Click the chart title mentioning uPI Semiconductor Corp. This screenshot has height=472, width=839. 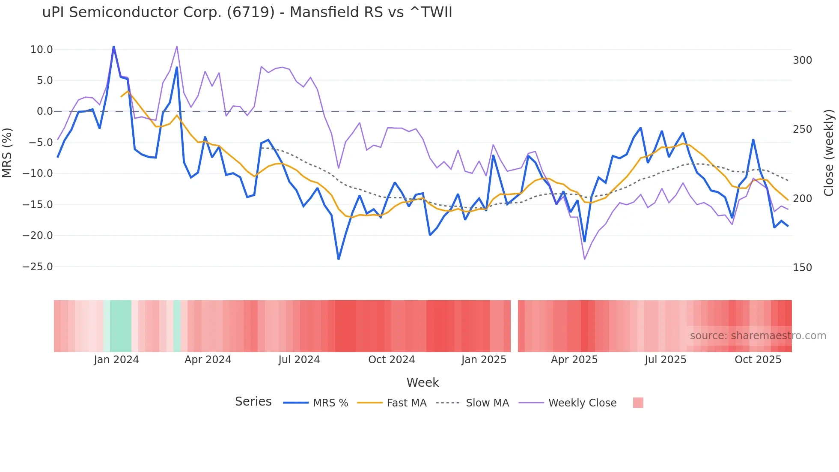click(x=247, y=12)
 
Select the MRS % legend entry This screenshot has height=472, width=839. click(x=330, y=403)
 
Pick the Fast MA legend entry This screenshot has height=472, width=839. click(x=406, y=403)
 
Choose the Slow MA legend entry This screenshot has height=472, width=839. click(x=487, y=403)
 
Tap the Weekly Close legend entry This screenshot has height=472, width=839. click(x=582, y=403)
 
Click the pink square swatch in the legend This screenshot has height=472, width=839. click(x=638, y=403)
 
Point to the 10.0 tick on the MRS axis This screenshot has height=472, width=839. click(x=42, y=50)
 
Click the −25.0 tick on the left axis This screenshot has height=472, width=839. click(x=38, y=267)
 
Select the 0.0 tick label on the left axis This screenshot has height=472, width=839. click(x=45, y=111)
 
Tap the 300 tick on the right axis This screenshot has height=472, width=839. click(x=802, y=60)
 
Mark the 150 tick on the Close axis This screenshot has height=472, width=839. click(x=802, y=268)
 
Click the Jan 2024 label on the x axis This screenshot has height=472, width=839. click(x=116, y=360)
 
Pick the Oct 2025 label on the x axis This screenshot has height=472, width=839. click(x=758, y=360)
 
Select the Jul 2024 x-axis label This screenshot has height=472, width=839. click(x=299, y=360)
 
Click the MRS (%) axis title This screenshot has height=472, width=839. click(x=7, y=153)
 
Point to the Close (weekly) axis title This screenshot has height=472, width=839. click(x=829, y=153)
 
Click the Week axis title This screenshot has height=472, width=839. click(x=422, y=382)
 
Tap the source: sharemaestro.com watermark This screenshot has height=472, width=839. click(x=758, y=336)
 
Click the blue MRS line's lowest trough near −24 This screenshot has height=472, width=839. click(x=339, y=259)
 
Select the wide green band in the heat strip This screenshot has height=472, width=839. click(x=120, y=326)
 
